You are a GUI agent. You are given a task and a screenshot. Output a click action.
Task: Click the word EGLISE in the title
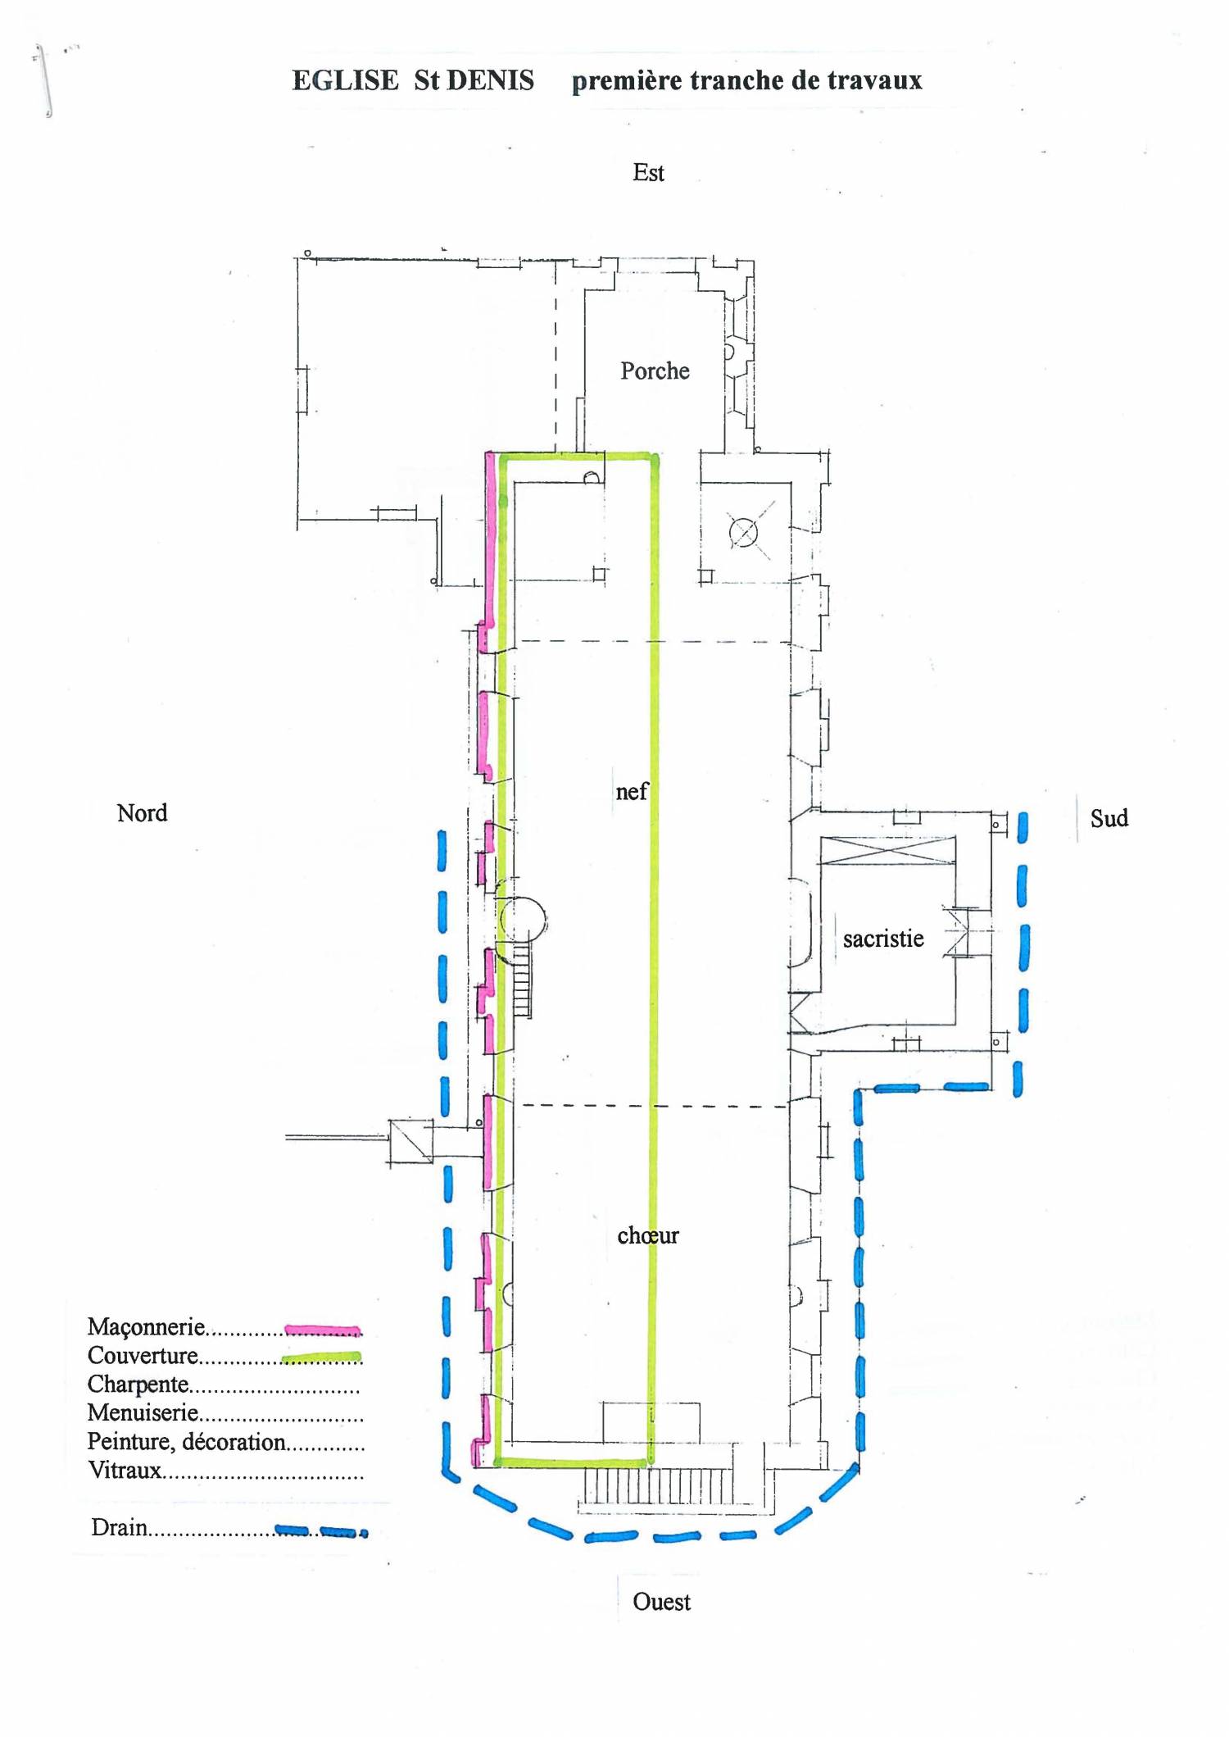(x=345, y=80)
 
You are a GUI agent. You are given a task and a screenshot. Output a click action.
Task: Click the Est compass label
(x=648, y=173)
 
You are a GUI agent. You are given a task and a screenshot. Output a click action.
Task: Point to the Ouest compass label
(x=661, y=1602)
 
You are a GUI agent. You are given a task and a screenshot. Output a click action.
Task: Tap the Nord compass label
(x=142, y=813)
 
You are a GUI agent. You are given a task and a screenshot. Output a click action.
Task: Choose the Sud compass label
(x=1109, y=818)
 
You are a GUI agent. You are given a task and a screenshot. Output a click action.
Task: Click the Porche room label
(x=655, y=371)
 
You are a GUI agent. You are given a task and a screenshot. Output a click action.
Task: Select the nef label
(x=632, y=792)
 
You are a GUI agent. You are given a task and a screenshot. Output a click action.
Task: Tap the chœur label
(x=648, y=1235)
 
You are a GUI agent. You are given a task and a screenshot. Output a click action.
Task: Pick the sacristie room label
(x=883, y=939)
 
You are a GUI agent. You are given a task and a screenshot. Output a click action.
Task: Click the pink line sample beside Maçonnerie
(x=323, y=1330)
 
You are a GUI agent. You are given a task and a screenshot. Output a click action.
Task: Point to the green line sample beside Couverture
(x=322, y=1357)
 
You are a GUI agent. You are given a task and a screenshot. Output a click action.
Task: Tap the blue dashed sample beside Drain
(x=321, y=1531)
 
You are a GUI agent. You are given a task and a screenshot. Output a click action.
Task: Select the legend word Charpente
(x=138, y=1385)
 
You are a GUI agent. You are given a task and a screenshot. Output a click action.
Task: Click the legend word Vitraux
(x=125, y=1471)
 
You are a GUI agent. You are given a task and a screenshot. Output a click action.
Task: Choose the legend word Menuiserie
(x=143, y=1413)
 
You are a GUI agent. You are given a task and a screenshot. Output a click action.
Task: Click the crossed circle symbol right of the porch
(x=743, y=533)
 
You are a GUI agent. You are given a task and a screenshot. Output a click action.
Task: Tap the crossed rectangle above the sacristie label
(x=887, y=850)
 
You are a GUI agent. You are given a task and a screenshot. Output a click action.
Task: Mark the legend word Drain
(x=120, y=1528)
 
